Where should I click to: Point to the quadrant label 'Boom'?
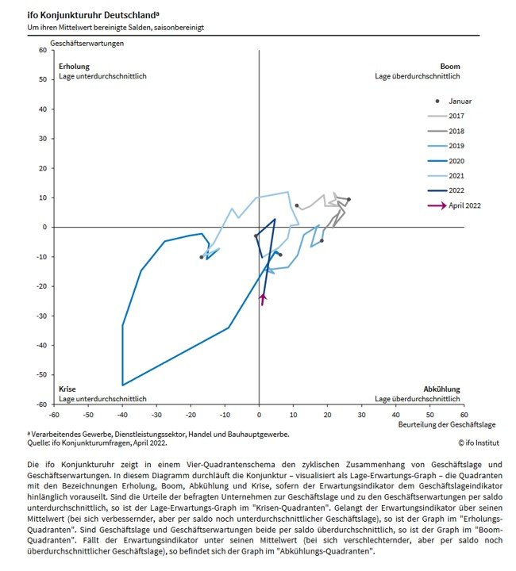(450, 67)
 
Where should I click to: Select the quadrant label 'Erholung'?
(75, 67)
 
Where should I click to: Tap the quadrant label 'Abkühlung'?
(441, 389)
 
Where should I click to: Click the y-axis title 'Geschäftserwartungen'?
(87, 42)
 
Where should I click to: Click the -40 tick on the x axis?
(122, 413)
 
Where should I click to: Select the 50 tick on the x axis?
(429, 413)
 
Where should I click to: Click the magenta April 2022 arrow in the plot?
(263, 299)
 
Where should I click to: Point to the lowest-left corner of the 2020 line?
(123, 385)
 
